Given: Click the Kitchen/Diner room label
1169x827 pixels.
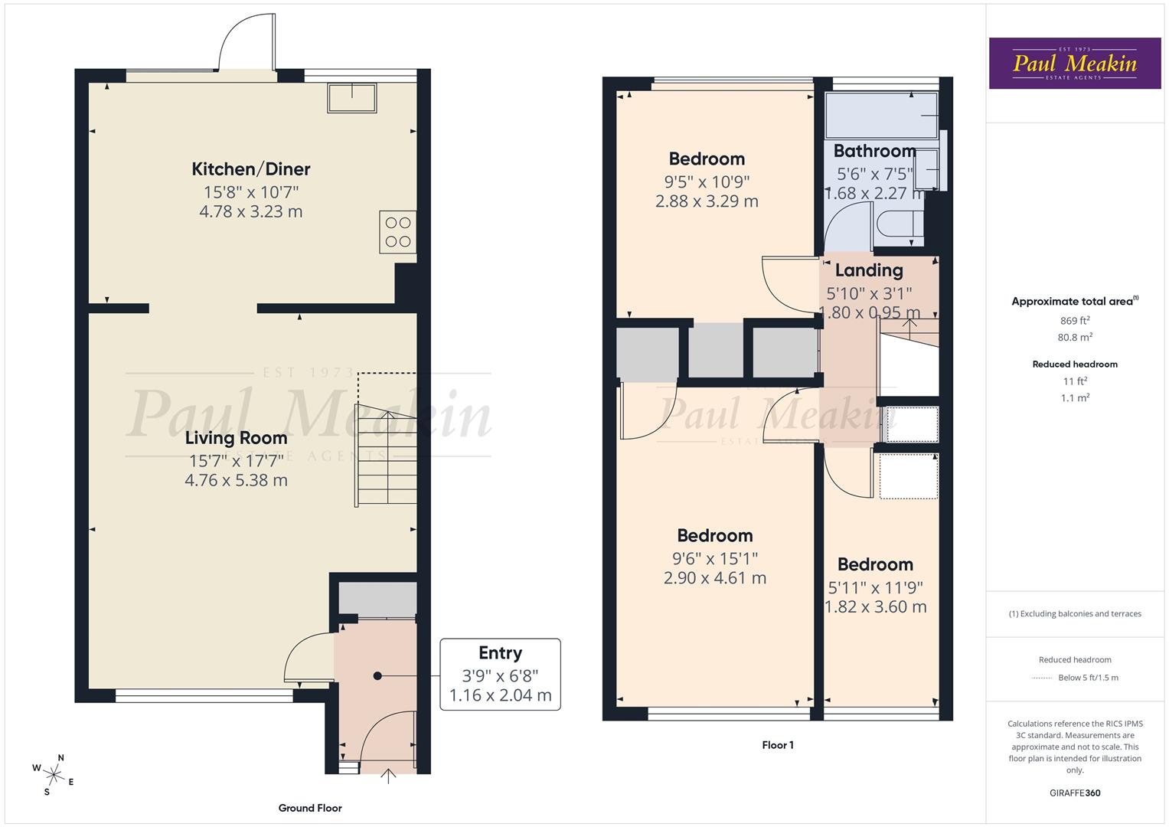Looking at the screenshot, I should point(250,169).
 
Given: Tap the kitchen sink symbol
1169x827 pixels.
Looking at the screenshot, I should point(352,98).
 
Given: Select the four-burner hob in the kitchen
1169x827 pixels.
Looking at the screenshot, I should point(398,232).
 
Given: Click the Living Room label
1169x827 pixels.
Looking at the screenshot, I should point(236,438).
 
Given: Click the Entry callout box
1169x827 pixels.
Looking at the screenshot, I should point(500,674).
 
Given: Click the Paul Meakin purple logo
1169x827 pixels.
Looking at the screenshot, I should point(1074,64).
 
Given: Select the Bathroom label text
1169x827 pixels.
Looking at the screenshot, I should point(874,151).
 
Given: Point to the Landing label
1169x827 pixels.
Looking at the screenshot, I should point(869,270).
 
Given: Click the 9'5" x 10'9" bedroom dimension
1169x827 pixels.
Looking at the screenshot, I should point(707,182).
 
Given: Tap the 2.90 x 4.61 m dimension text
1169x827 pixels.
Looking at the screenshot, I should point(714,578).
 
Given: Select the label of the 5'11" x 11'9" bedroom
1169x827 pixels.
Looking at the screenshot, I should point(875,565).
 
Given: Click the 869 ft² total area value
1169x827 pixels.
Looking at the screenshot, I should point(1074,321).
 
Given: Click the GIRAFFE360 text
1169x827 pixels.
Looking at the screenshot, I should point(1074,793).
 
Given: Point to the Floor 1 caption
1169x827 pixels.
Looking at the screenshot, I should point(778,745).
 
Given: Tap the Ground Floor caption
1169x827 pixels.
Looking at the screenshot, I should point(310,808).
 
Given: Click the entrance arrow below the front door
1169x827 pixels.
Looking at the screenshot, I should point(389,776).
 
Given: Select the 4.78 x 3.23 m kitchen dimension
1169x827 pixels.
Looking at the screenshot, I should point(250,212).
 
